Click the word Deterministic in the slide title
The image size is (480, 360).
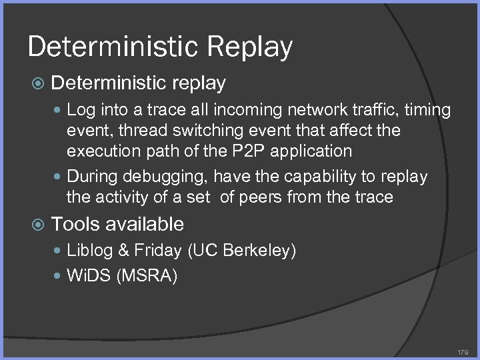[109, 47]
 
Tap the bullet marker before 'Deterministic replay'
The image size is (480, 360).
[38, 84]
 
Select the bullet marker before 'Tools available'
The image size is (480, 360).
[38, 225]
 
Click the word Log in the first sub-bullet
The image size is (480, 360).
[80, 109]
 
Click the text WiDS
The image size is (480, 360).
[89, 275]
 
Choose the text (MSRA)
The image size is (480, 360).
[147, 275]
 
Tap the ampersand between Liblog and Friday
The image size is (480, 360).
[122, 251]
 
